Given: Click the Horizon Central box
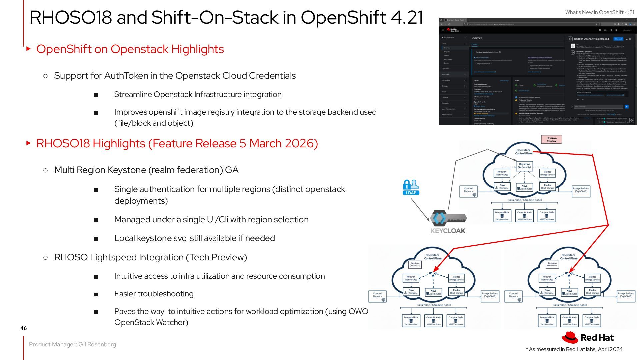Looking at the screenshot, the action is point(551,139).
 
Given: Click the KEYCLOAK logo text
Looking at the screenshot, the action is point(448,231).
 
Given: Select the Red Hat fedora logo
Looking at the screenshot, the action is point(570,337).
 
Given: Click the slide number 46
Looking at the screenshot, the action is point(23,328).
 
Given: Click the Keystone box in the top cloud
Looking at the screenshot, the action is point(524,166).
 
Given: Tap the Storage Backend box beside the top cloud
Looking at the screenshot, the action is point(581,190).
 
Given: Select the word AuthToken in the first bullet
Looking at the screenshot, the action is point(126,76).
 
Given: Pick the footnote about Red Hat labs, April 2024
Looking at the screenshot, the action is point(574,349).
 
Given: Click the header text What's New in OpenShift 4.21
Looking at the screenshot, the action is point(600,12).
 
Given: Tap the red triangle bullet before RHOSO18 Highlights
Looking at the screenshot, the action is point(29,143).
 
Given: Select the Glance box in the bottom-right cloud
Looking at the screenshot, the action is point(592,278).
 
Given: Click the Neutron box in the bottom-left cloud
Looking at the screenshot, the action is point(411,278).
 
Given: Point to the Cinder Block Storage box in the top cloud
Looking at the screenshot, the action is point(547,186).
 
